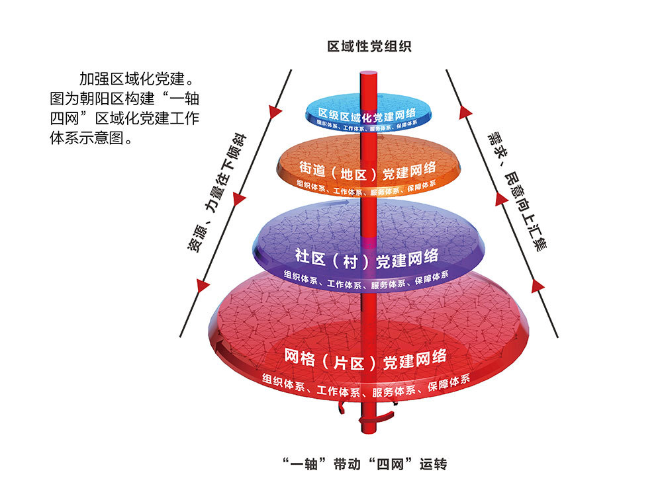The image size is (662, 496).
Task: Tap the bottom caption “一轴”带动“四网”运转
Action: [365, 464]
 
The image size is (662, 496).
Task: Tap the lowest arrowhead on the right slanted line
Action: [538, 285]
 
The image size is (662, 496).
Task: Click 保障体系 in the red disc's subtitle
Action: [449, 384]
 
